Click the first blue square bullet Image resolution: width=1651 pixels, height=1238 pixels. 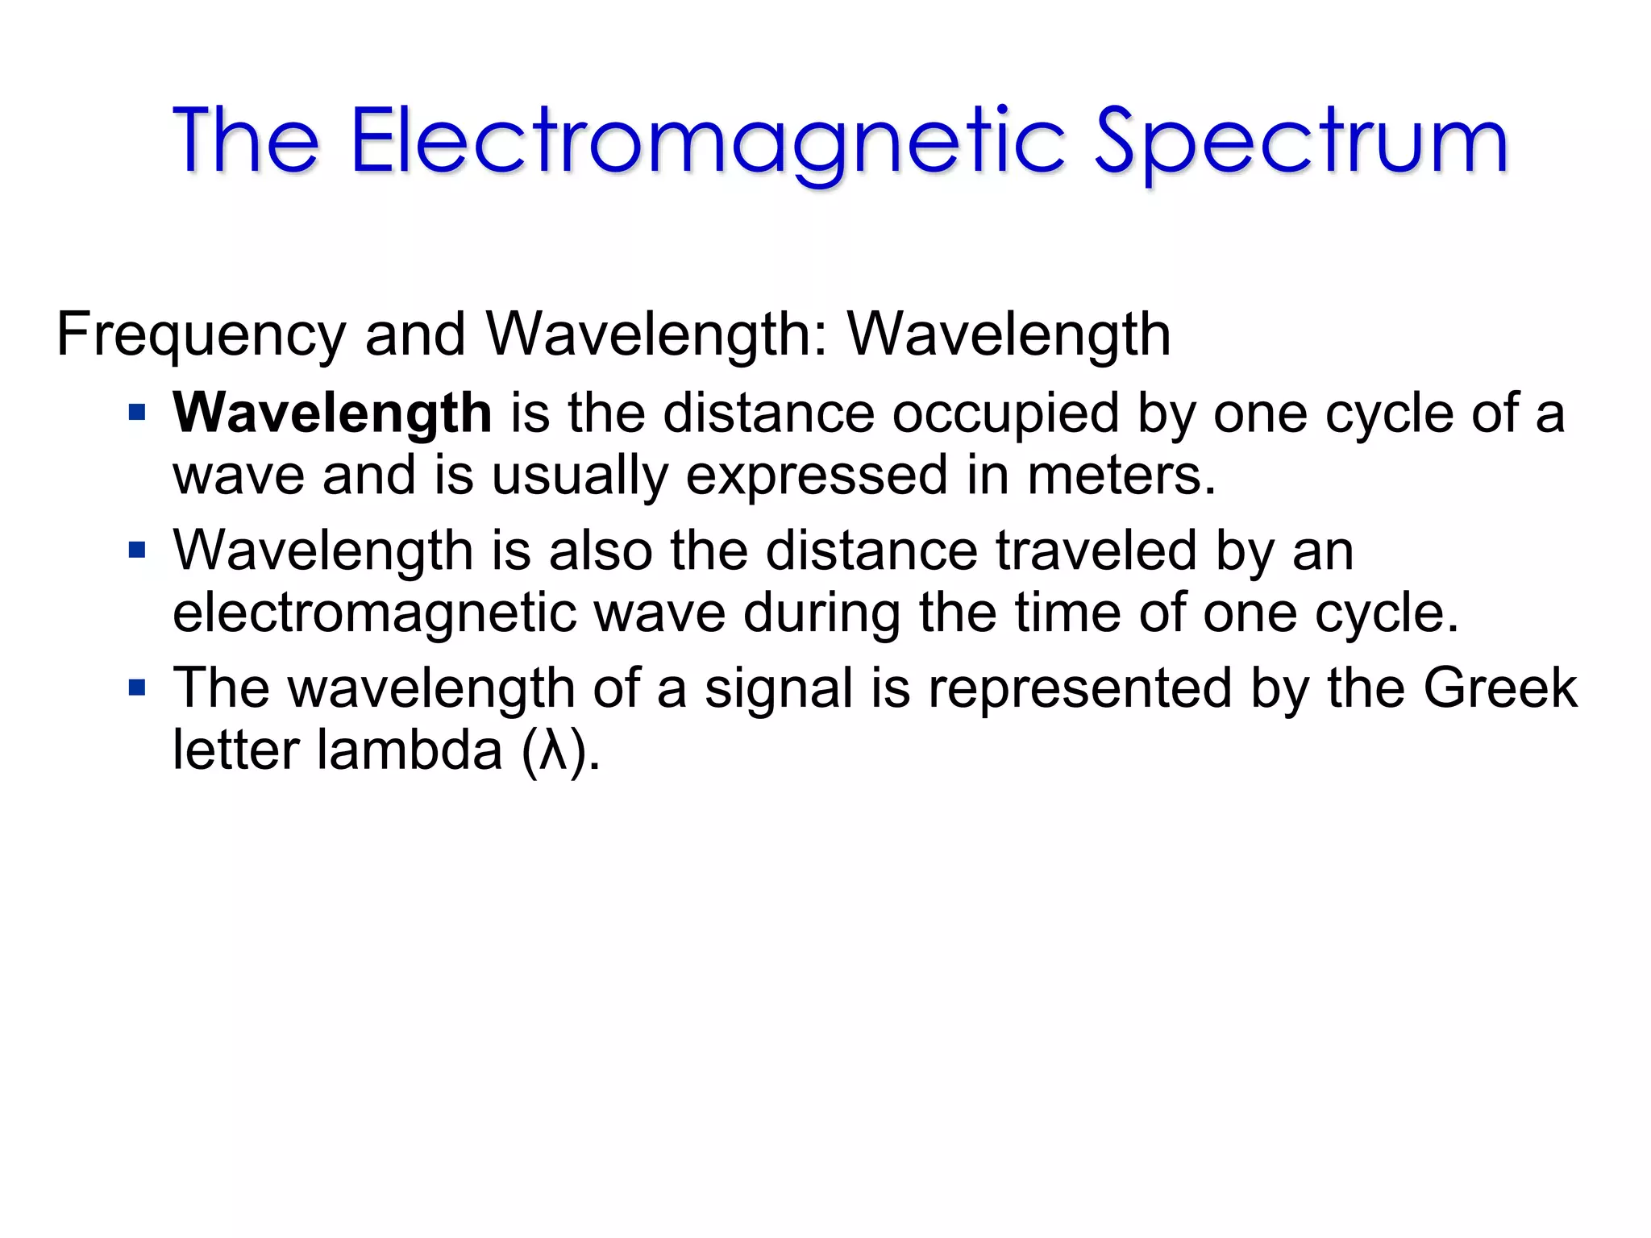(137, 413)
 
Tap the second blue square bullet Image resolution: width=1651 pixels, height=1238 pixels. (137, 551)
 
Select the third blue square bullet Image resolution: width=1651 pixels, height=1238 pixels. (137, 689)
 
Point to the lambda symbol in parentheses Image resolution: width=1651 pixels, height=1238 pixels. (552, 751)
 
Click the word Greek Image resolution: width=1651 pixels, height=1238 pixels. (1499, 689)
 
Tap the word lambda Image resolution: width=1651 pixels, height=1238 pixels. (410, 751)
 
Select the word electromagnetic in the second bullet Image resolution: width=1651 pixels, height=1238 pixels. (374, 613)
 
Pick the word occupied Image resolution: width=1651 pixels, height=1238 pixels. (1005, 413)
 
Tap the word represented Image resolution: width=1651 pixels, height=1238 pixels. (1080, 689)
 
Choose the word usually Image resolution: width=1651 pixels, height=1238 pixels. (580, 476)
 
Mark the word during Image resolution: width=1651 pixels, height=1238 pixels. (821, 613)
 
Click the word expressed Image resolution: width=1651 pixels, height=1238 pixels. (817, 476)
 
